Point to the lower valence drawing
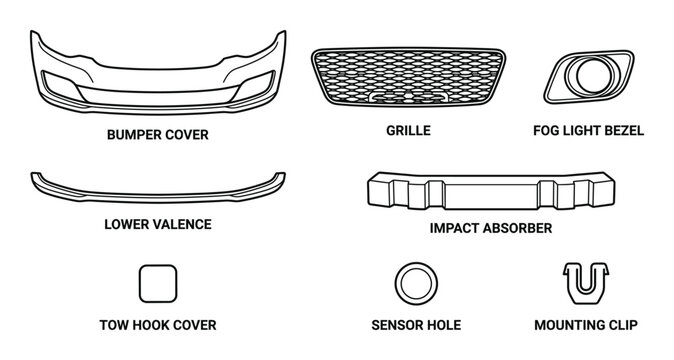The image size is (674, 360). point(157,187)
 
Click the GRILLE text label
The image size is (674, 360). point(408,131)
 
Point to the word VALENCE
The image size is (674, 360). point(181,224)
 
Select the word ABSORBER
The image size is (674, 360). point(518,228)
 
